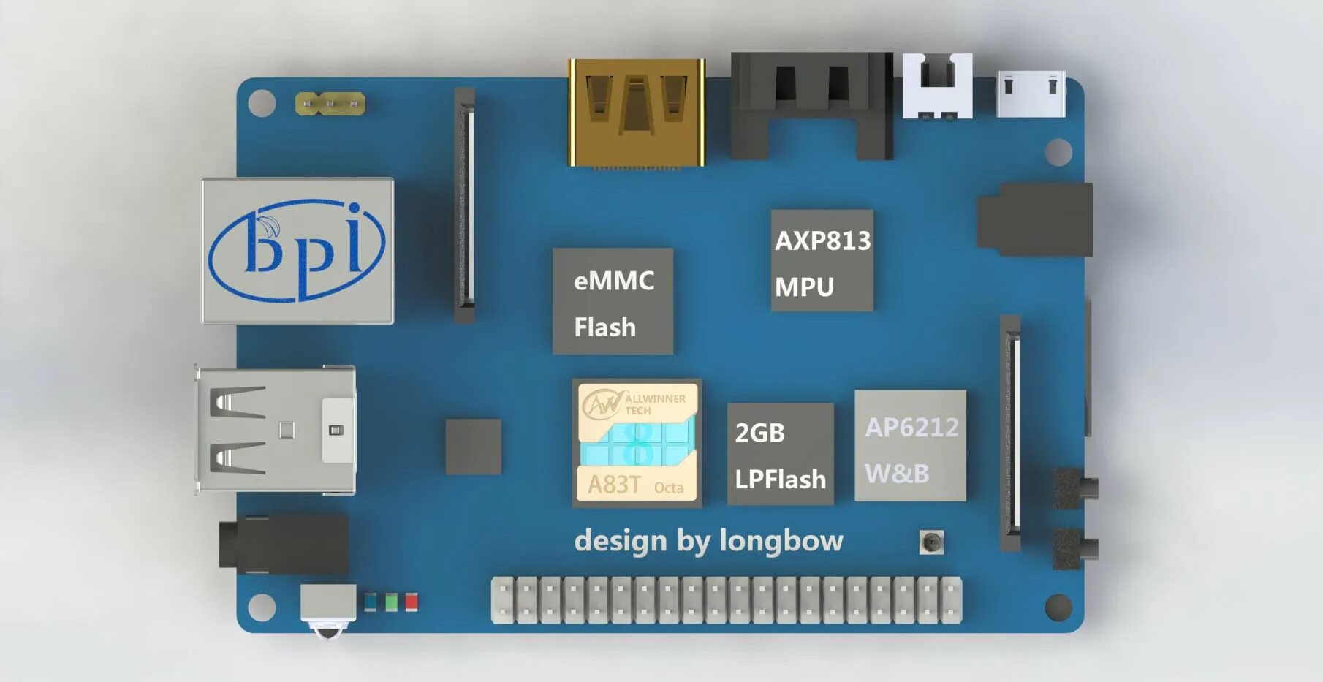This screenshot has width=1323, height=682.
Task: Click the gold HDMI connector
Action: pyautogui.click(x=637, y=113)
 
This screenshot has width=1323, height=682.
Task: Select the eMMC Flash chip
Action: pyautogui.click(x=613, y=301)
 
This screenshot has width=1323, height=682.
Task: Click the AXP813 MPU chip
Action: pyautogui.click(x=822, y=260)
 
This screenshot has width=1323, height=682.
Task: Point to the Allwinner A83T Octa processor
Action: pyautogui.click(x=637, y=443)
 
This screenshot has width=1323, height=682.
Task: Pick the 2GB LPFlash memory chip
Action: pyautogui.click(x=780, y=454)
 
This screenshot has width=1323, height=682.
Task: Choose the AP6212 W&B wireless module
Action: pyautogui.click(x=910, y=445)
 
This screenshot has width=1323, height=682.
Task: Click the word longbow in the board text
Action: pyautogui.click(x=781, y=541)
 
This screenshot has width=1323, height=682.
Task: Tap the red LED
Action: pyautogui.click(x=412, y=602)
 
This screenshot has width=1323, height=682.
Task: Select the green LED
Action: pyautogui.click(x=392, y=602)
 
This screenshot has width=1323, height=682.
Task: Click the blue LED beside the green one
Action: pyautogui.click(x=371, y=602)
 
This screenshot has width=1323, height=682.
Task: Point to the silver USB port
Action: pyautogui.click(x=276, y=431)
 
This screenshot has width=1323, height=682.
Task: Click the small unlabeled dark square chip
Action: pyautogui.click(x=473, y=447)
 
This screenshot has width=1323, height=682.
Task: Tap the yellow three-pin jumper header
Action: pyautogui.click(x=330, y=104)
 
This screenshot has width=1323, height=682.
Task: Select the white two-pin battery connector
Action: pyautogui.click(x=937, y=86)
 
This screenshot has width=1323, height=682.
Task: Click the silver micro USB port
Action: pyautogui.click(x=1031, y=94)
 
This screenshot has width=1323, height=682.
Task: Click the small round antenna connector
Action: pyautogui.click(x=930, y=542)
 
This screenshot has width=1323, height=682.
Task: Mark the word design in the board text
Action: pyautogui.click(x=620, y=542)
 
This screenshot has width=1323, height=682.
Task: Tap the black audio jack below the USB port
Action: pyautogui.click(x=284, y=544)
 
